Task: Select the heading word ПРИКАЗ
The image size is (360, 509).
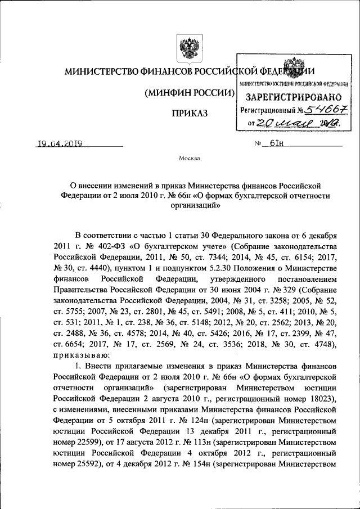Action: pyautogui.click(x=189, y=114)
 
